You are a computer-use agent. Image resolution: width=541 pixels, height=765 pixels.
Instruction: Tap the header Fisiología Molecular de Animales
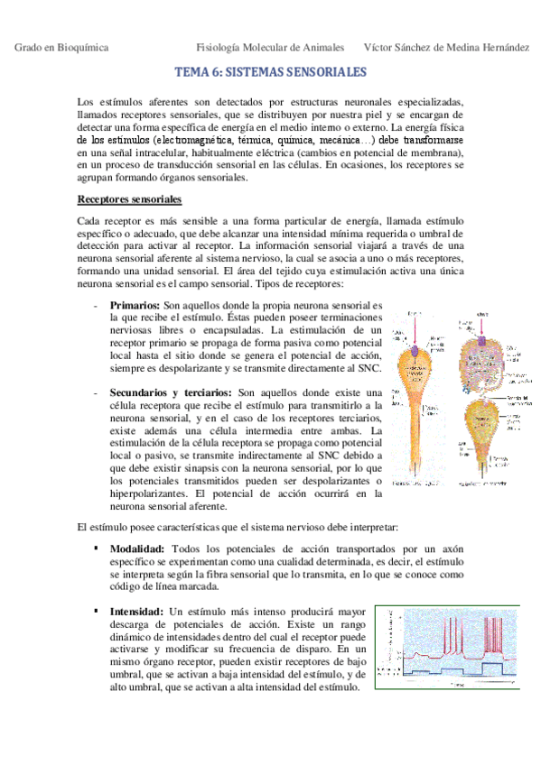[267, 47]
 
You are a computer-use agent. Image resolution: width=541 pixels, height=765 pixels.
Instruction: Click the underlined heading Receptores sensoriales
[130, 198]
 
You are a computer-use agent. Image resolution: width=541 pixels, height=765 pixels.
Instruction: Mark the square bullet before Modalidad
[95, 548]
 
